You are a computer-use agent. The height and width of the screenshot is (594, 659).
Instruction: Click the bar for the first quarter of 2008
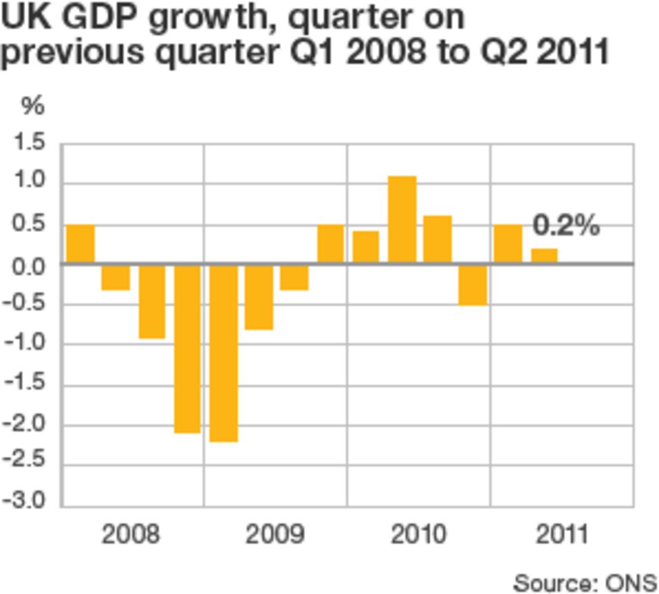coord(80,243)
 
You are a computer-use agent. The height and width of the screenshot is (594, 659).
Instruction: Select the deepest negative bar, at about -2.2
coord(223,353)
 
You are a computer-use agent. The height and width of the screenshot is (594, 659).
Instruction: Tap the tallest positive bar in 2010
coord(402,219)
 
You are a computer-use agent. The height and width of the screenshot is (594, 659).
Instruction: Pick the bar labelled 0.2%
coord(544,256)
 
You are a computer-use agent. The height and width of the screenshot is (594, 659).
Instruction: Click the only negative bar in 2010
coord(473,284)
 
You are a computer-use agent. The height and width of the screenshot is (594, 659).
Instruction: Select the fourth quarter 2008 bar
coord(188,348)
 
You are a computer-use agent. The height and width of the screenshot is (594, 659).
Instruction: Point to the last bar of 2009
coord(331,243)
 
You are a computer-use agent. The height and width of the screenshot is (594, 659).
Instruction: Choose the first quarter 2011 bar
coord(508,243)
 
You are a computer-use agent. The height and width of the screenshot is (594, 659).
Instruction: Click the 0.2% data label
coord(566,226)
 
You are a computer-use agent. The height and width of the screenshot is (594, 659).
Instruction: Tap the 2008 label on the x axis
coord(131,535)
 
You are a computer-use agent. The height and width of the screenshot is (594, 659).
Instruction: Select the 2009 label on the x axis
coord(275,535)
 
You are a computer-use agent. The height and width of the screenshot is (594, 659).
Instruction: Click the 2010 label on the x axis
coord(419,535)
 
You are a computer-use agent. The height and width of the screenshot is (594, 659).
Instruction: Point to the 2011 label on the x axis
coord(562,535)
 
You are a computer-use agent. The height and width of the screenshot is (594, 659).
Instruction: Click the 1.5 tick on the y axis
coord(28,143)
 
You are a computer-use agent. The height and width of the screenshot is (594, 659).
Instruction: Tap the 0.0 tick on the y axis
coord(28,264)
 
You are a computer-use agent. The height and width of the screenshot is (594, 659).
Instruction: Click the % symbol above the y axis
coord(32,106)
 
